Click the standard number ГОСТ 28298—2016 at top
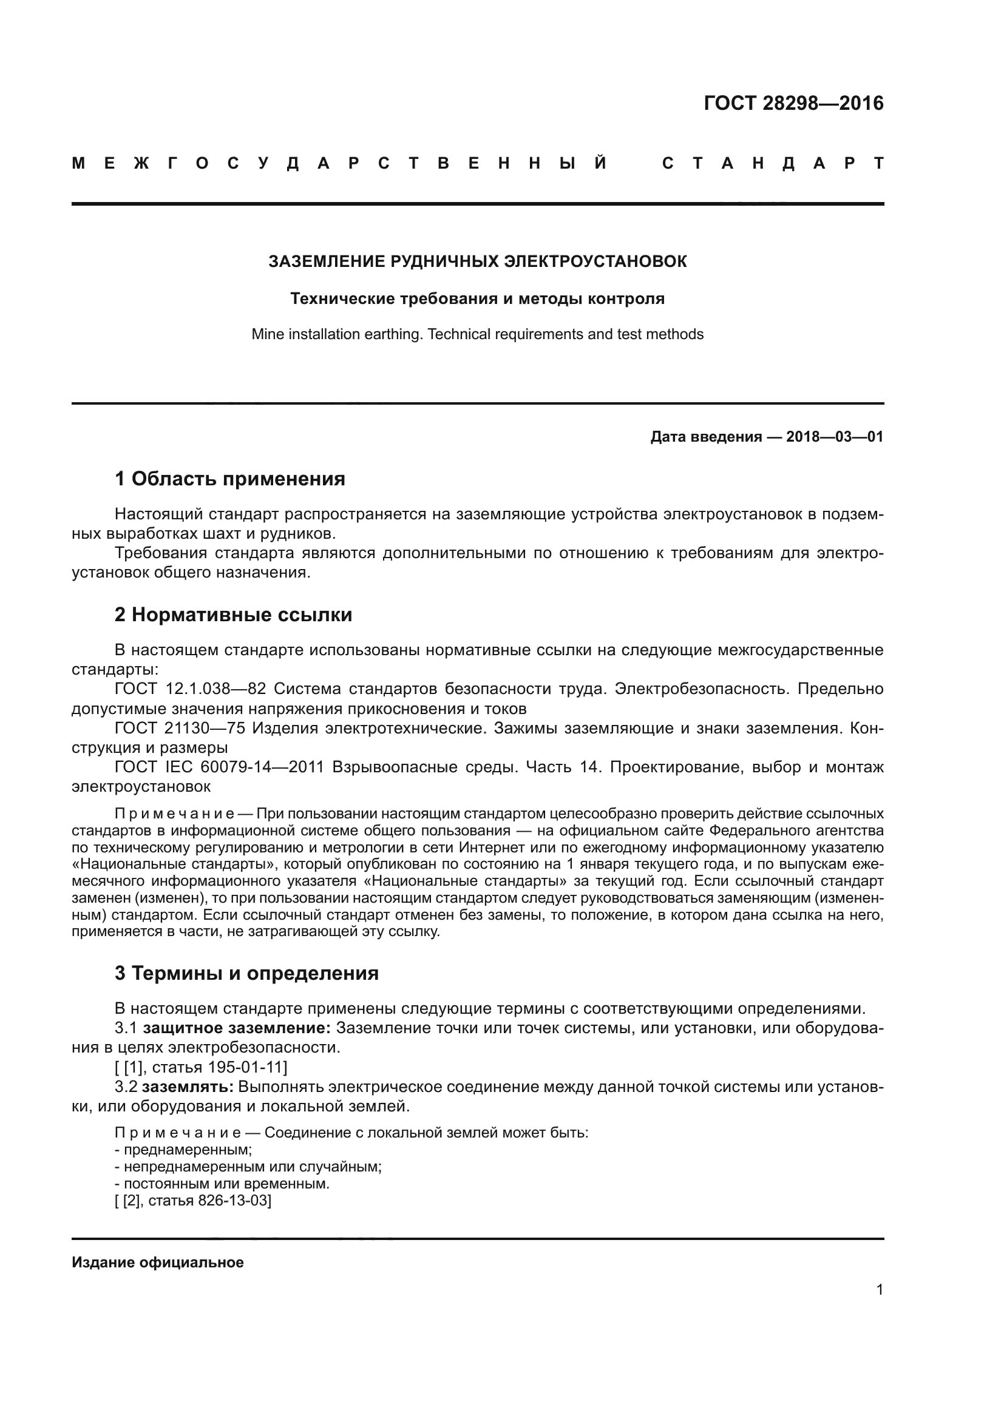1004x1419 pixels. tap(793, 103)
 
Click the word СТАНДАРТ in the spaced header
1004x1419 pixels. tap(772, 164)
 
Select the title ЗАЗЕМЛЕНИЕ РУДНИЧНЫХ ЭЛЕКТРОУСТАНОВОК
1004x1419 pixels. tap(477, 261)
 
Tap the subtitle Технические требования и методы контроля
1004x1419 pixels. tap(477, 299)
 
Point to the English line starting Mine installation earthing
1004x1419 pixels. tap(477, 334)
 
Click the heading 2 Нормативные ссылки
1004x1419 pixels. tap(233, 615)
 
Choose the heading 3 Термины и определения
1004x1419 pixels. tap(246, 972)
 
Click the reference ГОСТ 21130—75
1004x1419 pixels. tap(179, 728)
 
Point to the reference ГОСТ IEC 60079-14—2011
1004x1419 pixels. tap(219, 767)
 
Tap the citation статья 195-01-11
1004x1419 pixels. tap(219, 1067)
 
